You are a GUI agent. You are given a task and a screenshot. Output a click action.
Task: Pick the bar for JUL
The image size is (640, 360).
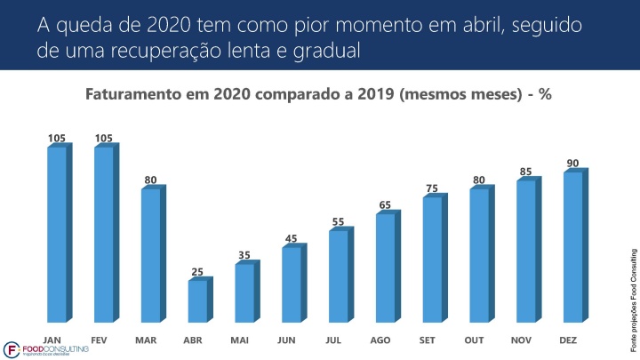[339, 276]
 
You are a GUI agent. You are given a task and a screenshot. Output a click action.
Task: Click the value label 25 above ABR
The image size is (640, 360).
[197, 270]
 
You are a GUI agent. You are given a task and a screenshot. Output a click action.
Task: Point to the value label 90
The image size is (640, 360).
[573, 163]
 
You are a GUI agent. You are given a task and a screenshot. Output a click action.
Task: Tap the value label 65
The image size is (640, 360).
[386, 204]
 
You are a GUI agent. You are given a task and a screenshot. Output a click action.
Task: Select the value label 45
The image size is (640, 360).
[292, 237]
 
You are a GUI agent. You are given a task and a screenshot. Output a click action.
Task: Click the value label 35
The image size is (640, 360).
[244, 254]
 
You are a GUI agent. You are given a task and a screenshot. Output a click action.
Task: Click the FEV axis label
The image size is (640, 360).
[104, 340]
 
